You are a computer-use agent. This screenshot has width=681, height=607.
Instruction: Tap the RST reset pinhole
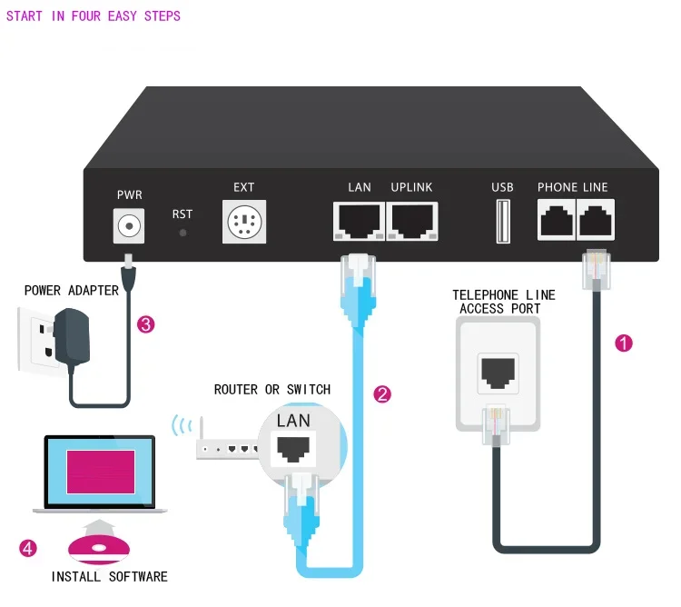(x=183, y=233)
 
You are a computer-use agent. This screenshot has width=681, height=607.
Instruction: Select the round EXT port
(x=244, y=222)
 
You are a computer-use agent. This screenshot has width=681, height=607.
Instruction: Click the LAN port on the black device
(x=360, y=221)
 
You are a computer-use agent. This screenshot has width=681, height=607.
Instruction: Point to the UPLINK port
(x=411, y=221)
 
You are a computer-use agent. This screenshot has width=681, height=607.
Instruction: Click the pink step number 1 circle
(x=624, y=343)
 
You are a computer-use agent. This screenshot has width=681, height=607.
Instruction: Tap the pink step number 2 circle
(x=382, y=394)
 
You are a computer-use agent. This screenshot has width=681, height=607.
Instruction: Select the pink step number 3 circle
(x=145, y=323)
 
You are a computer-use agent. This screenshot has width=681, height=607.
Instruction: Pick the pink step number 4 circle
(x=29, y=547)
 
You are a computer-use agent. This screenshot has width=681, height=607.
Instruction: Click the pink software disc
(x=99, y=549)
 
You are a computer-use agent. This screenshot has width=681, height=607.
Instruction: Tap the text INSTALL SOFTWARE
(x=109, y=577)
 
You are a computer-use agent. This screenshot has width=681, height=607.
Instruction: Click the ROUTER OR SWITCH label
(x=272, y=390)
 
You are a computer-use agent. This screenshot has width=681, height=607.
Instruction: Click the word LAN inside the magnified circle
(x=293, y=421)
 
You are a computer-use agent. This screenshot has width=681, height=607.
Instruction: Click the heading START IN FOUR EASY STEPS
(x=94, y=16)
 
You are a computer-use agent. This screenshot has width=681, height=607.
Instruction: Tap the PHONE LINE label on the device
(x=572, y=187)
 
